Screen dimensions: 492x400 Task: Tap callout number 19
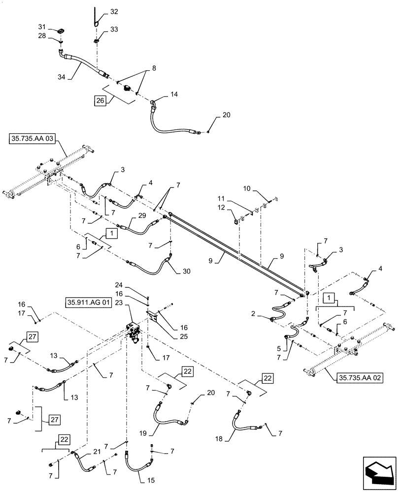[x=143, y=434]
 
